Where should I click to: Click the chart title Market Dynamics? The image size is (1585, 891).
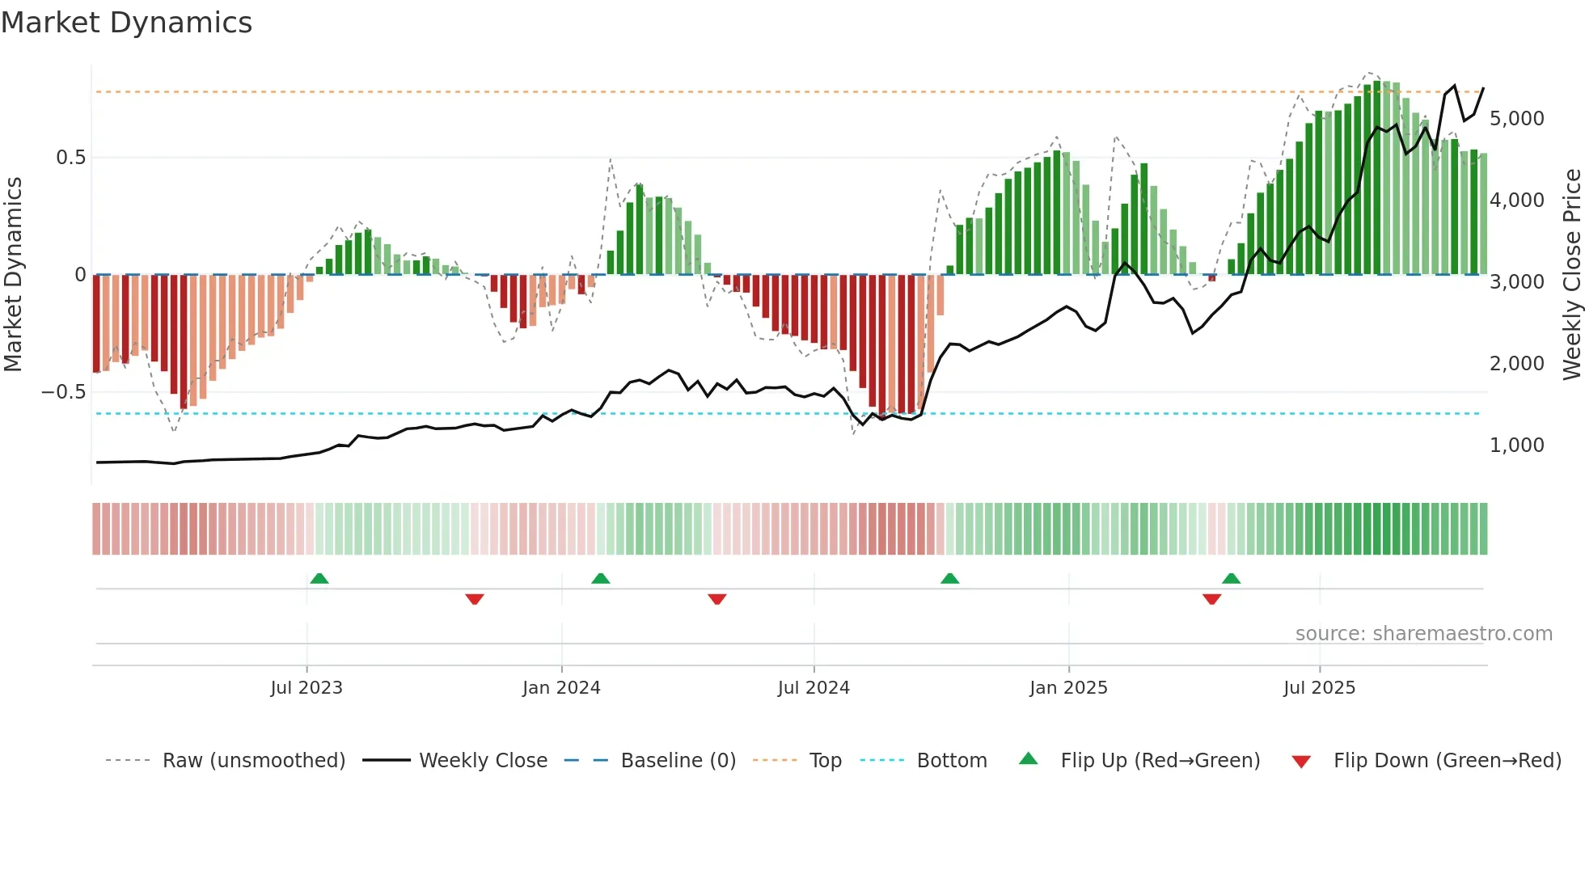(127, 23)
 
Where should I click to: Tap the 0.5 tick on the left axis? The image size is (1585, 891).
(70, 158)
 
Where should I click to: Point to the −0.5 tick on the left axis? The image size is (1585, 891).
(63, 392)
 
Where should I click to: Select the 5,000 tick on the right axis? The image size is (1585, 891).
(1516, 119)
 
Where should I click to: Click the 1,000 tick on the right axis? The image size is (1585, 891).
(1516, 445)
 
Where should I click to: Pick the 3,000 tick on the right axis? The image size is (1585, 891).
(1516, 282)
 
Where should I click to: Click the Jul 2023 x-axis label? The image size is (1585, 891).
(306, 688)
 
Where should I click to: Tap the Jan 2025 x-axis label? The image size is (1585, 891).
(1068, 688)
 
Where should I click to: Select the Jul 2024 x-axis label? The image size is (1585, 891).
(814, 688)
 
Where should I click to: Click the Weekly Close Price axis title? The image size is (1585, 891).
(1571, 274)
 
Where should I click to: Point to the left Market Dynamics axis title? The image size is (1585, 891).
(13, 274)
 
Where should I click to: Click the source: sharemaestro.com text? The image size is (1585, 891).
(1423, 634)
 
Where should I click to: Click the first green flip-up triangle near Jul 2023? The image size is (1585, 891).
(319, 578)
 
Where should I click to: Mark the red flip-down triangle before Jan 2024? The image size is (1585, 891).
(475, 599)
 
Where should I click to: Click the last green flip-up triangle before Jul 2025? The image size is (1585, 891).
(1231, 578)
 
